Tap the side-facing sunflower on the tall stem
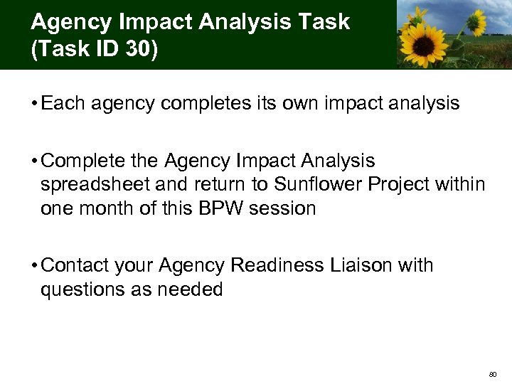point(475,16)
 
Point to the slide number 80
point(493,373)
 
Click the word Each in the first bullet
point(61,104)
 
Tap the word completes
point(211,104)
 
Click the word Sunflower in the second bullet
point(312,185)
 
